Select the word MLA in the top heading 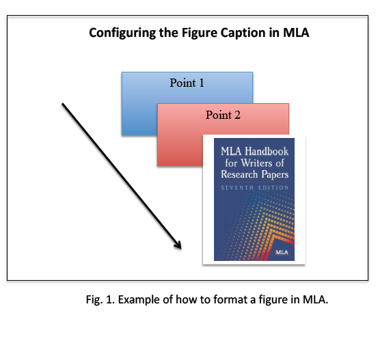[296, 32]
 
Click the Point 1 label [187, 83]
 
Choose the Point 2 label [223, 115]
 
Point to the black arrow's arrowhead [179, 246]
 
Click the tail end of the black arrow [62, 104]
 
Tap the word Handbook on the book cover [267, 152]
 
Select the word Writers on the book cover [256, 163]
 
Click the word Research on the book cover [239, 174]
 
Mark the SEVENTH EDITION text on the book [255, 188]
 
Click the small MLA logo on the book [282, 252]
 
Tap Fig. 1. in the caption [100, 300]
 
